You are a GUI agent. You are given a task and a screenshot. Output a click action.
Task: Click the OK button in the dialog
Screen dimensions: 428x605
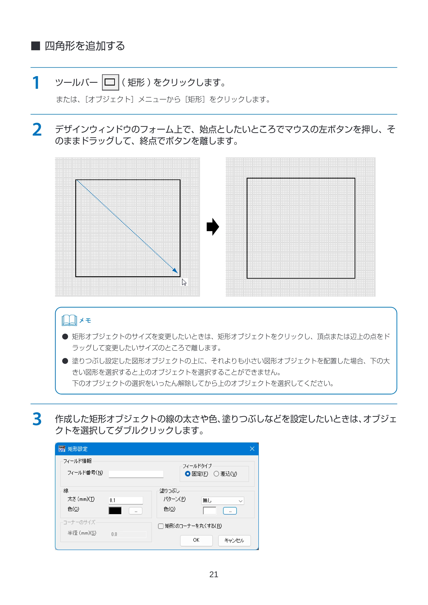[x=196, y=540]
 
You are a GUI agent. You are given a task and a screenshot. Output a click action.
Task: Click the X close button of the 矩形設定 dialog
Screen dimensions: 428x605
[x=252, y=449]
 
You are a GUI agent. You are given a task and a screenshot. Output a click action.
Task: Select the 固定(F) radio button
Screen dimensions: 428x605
[x=188, y=474]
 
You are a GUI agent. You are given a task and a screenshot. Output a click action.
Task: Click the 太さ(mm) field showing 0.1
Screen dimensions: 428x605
[x=126, y=500]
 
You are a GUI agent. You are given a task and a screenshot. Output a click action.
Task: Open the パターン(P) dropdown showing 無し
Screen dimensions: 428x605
[x=223, y=501]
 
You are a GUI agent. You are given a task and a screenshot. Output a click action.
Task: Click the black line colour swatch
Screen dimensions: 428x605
[x=115, y=511]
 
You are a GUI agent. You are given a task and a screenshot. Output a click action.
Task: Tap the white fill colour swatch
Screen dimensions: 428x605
[x=210, y=511]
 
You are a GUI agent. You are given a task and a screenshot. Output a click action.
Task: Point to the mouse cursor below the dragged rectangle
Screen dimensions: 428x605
[x=184, y=282]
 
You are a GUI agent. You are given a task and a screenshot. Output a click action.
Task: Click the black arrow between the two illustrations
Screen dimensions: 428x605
[x=213, y=227]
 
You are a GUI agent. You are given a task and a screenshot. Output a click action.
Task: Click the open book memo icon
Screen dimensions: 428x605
[x=69, y=320]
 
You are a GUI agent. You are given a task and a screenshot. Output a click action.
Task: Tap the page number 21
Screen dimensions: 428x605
[x=214, y=574]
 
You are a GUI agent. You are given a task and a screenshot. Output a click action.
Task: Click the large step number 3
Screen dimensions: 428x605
[x=37, y=419]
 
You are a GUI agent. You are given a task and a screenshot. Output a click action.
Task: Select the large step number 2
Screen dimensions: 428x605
[x=37, y=130]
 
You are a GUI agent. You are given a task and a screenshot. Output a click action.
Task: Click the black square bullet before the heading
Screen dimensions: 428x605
[x=36, y=46]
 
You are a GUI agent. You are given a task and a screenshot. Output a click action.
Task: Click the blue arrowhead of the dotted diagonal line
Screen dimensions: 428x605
[x=175, y=271]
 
